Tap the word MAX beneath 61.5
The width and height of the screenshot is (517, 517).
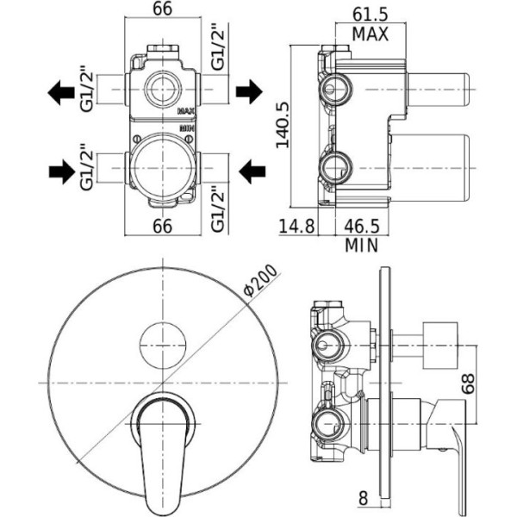[371, 34]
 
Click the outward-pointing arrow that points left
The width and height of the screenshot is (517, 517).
[61, 91]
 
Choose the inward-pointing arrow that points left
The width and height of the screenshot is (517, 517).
[251, 171]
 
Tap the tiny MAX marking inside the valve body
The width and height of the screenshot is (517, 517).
[186, 111]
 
